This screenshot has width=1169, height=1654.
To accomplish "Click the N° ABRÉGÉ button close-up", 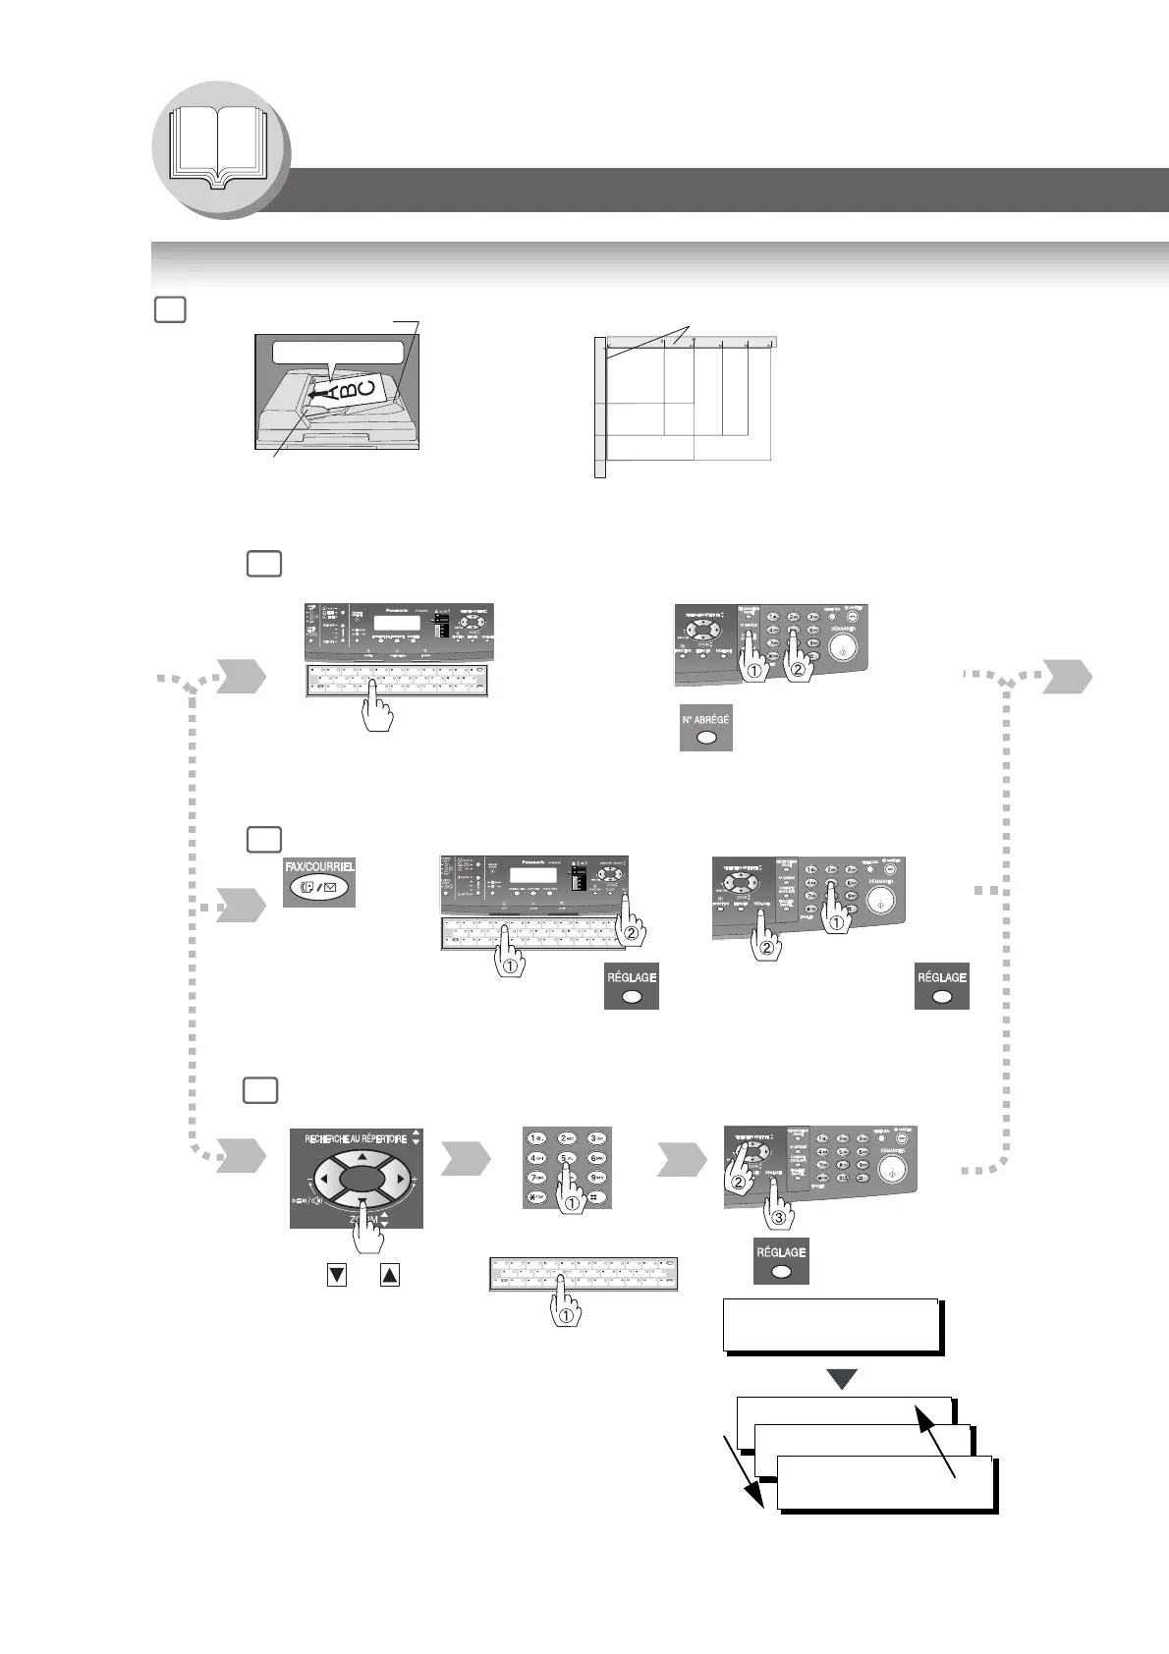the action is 705,728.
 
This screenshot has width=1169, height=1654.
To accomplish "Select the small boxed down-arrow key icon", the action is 337,1275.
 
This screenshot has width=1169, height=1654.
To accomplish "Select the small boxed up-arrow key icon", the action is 389,1275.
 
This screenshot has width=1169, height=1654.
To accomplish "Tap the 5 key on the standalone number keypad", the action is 567,1157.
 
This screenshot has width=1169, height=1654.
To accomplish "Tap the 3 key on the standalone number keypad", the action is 596,1138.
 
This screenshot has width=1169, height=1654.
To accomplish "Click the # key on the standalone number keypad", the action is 596,1198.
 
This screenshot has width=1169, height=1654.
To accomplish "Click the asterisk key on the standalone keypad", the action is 536,1198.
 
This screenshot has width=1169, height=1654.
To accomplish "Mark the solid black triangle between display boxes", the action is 842,1379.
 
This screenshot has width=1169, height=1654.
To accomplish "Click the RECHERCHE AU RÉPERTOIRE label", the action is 356,1139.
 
